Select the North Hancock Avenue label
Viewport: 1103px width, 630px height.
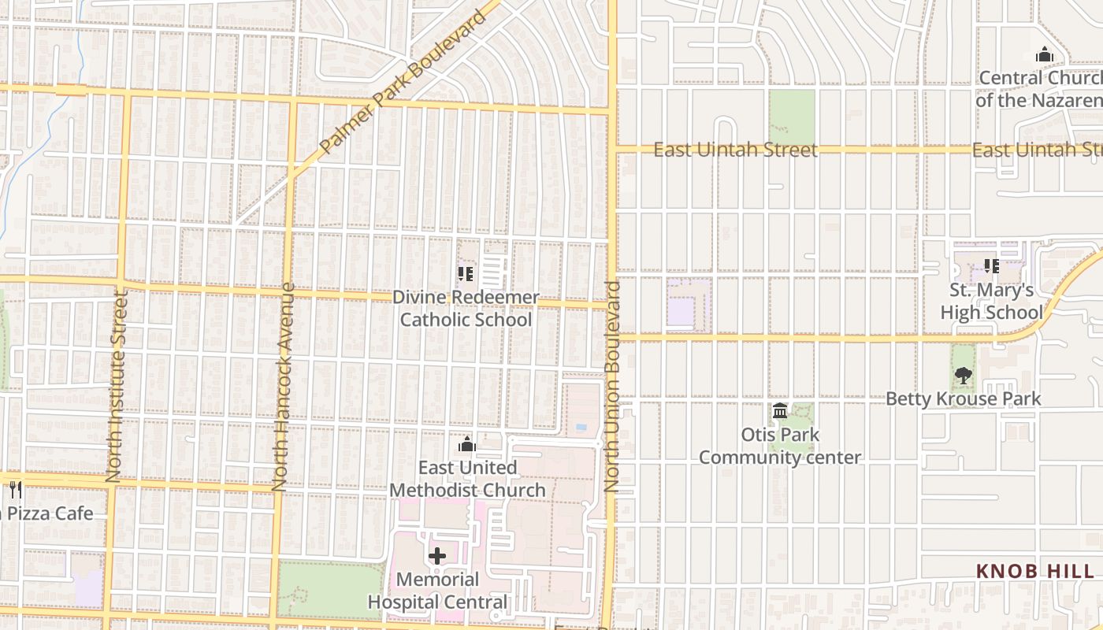pos(282,387)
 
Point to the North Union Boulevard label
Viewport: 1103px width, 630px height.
pos(613,387)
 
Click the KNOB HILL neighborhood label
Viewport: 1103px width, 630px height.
pos(1035,571)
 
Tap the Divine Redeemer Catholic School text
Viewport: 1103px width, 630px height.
pos(466,309)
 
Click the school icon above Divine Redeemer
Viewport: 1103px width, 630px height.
pos(466,273)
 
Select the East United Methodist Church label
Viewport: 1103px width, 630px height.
pos(467,479)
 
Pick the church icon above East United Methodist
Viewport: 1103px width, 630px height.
pos(467,445)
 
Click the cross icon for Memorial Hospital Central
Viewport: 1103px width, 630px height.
pos(437,556)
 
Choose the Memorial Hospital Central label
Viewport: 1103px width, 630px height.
pos(437,591)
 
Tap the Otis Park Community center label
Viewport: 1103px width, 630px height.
pos(780,446)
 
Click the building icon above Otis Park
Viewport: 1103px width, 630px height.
pos(780,411)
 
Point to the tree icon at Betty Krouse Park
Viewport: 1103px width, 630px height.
pos(963,376)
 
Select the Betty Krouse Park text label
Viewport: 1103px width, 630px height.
pos(964,399)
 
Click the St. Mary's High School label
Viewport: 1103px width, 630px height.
pos(991,302)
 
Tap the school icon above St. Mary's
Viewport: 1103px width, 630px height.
pos(992,266)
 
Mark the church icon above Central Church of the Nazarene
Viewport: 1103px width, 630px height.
pos(1045,54)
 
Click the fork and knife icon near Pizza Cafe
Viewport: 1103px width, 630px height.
pos(16,489)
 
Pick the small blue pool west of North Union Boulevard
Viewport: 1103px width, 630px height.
pos(581,427)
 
